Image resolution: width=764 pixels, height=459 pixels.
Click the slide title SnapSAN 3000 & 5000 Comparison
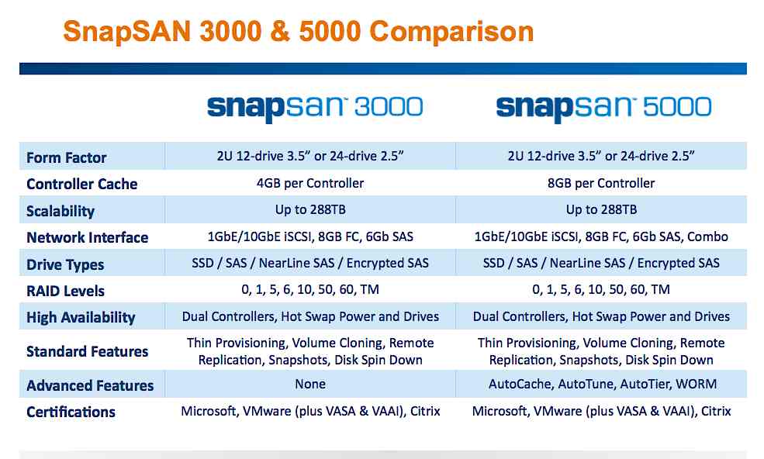(x=298, y=32)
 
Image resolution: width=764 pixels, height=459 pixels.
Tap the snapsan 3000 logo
(x=315, y=106)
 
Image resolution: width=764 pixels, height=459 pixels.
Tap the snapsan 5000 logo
(x=603, y=106)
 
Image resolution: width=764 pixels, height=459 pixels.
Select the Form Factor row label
(x=66, y=157)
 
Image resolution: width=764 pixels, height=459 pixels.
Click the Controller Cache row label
(x=81, y=184)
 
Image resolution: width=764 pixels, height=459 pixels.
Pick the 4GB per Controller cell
(x=310, y=183)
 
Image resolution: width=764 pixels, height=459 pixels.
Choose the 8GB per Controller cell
(x=601, y=183)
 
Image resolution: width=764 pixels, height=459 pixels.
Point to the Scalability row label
(x=60, y=211)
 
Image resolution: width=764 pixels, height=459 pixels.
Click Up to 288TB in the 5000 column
(x=601, y=209)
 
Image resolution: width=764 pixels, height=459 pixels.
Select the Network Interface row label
(x=87, y=237)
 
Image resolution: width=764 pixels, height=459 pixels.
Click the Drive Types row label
(x=65, y=264)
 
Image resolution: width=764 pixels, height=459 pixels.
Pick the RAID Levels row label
(x=65, y=291)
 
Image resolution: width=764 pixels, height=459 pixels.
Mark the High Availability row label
(x=81, y=317)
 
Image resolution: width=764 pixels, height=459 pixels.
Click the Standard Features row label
(x=87, y=351)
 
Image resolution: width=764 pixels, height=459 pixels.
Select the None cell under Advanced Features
(x=310, y=384)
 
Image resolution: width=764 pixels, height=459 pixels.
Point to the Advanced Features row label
(x=90, y=385)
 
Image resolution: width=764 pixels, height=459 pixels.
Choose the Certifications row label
(x=71, y=412)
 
